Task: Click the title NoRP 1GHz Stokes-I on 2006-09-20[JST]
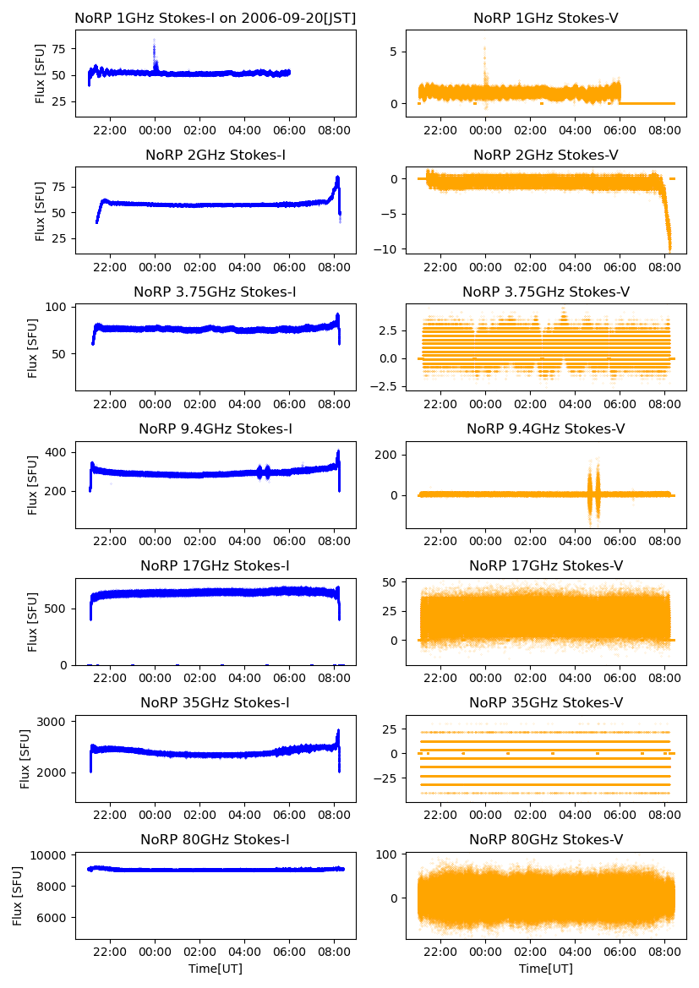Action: pos(215,18)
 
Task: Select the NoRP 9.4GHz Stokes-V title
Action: pos(545,429)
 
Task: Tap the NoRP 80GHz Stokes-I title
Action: pos(215,840)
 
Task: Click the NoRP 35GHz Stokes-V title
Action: pos(545,703)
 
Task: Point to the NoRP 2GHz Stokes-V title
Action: pos(545,156)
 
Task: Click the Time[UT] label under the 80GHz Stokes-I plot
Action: pos(215,969)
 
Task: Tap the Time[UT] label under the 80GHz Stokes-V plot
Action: pos(545,969)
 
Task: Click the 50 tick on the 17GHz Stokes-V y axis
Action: pos(394,583)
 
